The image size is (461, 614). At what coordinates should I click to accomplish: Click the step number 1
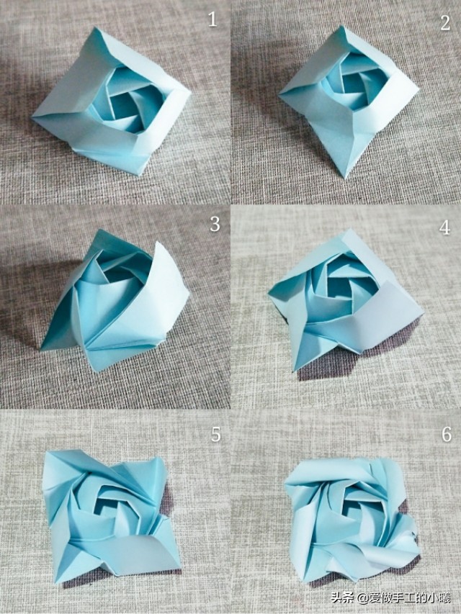pos(212,19)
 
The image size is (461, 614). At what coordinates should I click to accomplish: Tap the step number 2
pos(445,23)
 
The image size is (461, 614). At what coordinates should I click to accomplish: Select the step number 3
pos(215,224)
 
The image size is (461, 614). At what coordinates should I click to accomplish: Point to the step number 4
pos(444,227)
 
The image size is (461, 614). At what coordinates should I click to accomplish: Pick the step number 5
pos(215,434)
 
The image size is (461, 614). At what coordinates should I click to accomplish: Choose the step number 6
pos(447,434)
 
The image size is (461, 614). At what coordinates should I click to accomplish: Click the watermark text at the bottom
pos(390,598)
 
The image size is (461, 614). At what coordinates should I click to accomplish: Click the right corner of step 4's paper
pos(424,313)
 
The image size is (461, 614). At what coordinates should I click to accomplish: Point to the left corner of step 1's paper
pos(32,116)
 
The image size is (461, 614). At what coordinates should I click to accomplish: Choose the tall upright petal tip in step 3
pos(157,243)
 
